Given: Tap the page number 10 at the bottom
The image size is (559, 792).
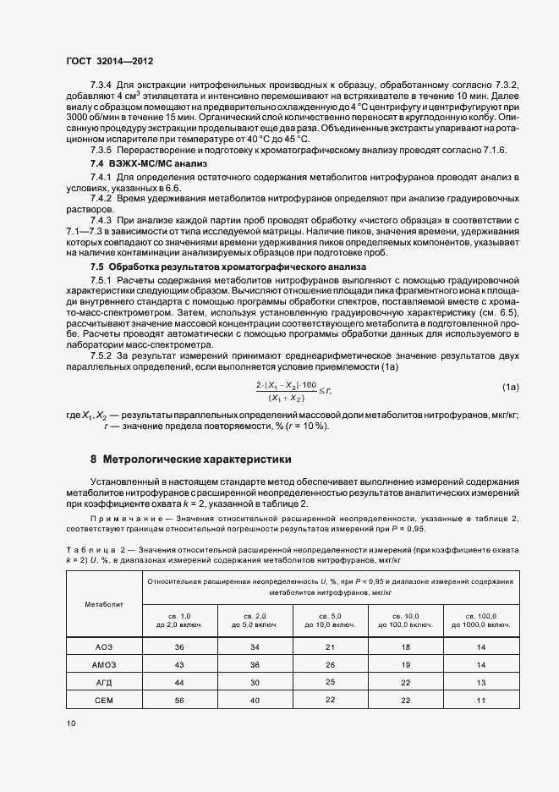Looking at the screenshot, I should [70, 723].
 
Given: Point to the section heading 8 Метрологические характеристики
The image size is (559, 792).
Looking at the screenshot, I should [190, 459].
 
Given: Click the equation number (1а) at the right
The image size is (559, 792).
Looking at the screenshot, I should [510, 387].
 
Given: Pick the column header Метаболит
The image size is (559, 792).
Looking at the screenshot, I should [103, 605].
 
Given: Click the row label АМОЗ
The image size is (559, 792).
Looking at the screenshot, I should [103, 665].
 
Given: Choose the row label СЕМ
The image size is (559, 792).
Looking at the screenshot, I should [103, 699].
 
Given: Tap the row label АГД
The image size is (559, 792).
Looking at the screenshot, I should [103, 682].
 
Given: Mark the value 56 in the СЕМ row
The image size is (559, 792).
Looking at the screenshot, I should [179, 699].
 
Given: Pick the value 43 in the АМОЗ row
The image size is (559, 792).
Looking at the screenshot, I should [179, 665].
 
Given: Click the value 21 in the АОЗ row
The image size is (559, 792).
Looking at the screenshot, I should [331, 647].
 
